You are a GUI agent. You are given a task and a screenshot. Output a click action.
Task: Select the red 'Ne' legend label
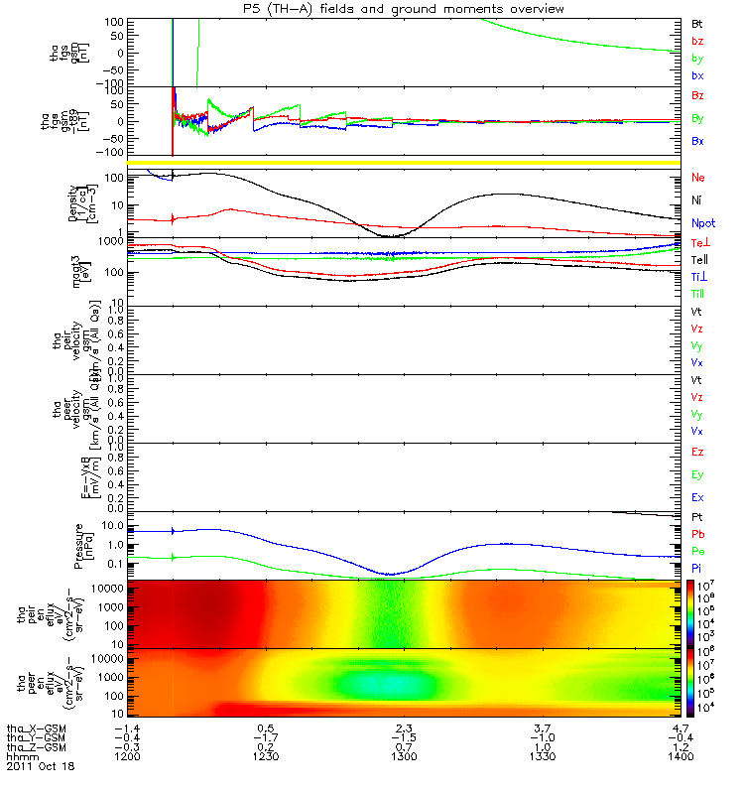click(x=698, y=178)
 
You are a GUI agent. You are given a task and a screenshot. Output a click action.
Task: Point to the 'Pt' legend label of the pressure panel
click(x=697, y=518)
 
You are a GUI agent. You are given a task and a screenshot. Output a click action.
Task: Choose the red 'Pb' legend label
click(x=697, y=534)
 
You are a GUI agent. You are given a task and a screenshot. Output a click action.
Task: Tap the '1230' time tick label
click(x=266, y=756)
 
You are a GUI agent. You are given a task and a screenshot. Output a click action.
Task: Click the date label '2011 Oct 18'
click(x=41, y=766)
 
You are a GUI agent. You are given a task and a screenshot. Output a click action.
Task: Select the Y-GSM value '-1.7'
click(x=266, y=736)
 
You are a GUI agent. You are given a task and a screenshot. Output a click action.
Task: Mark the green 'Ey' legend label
click(x=698, y=474)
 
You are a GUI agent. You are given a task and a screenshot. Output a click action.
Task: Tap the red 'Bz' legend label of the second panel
click(x=698, y=96)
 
